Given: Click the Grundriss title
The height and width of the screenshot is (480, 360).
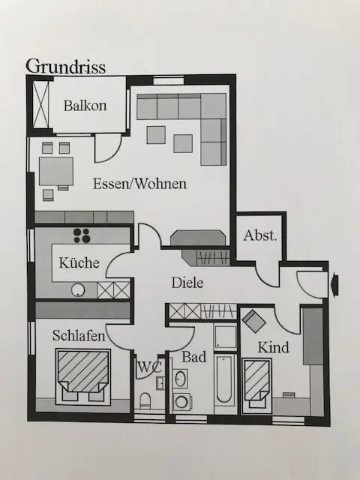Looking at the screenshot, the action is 66,67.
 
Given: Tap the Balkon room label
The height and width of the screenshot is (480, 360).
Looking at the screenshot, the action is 85,106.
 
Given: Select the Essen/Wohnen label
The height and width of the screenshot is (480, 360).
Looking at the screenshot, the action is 139,184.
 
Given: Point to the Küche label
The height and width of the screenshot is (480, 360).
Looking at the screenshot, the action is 79,262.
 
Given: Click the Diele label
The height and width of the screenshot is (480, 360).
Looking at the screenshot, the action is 187,282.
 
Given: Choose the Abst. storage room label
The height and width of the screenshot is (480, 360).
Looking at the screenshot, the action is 260,235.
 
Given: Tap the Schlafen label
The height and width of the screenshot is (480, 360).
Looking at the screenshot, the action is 79,335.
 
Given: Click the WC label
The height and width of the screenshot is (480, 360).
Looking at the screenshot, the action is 149,367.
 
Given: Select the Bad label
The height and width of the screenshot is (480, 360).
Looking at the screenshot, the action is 194,357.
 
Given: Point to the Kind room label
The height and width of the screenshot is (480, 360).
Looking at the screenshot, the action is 273,347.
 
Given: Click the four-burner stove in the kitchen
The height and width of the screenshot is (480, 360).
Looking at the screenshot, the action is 82,235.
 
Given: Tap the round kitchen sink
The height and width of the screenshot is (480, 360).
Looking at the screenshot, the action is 78,290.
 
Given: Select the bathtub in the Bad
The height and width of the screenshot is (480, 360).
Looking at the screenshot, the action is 224,379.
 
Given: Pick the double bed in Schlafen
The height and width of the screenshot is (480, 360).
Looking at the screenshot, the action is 83,376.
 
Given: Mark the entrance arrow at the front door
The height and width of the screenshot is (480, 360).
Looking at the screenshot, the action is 334,285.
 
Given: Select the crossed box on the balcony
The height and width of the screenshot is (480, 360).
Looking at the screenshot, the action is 40,104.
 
